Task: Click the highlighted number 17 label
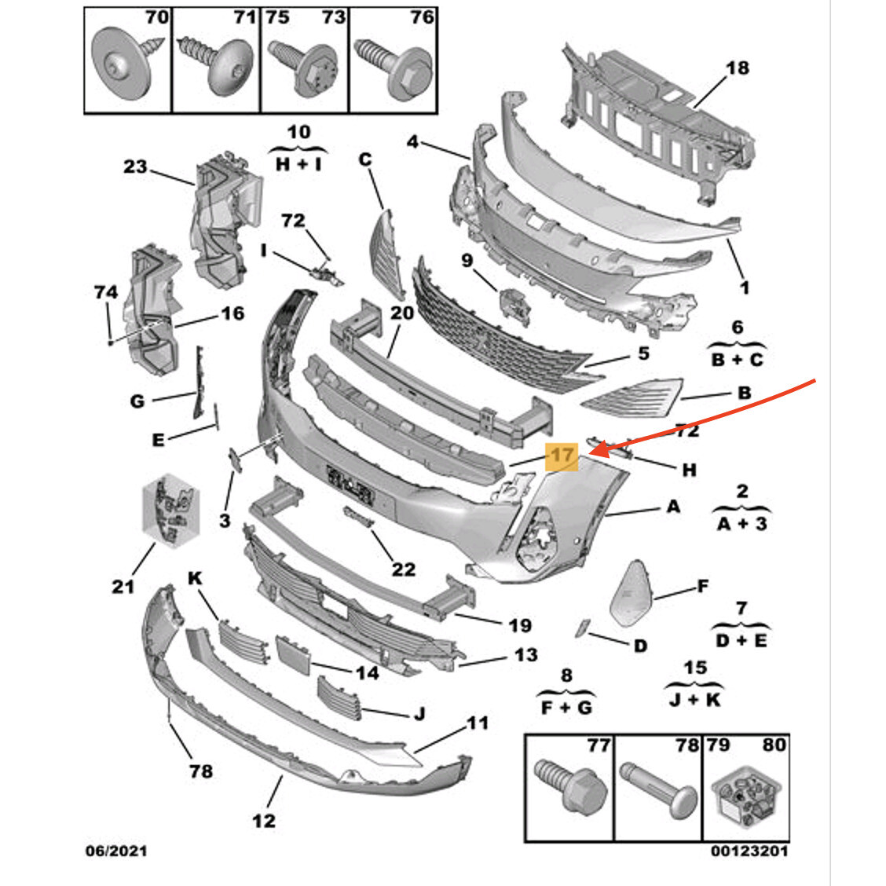562,455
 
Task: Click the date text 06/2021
115,851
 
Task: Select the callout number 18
738,68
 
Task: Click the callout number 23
135,166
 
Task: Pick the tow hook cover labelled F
632,591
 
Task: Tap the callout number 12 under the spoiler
264,820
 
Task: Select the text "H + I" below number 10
299,165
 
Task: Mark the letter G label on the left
137,401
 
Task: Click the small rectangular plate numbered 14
295,653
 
